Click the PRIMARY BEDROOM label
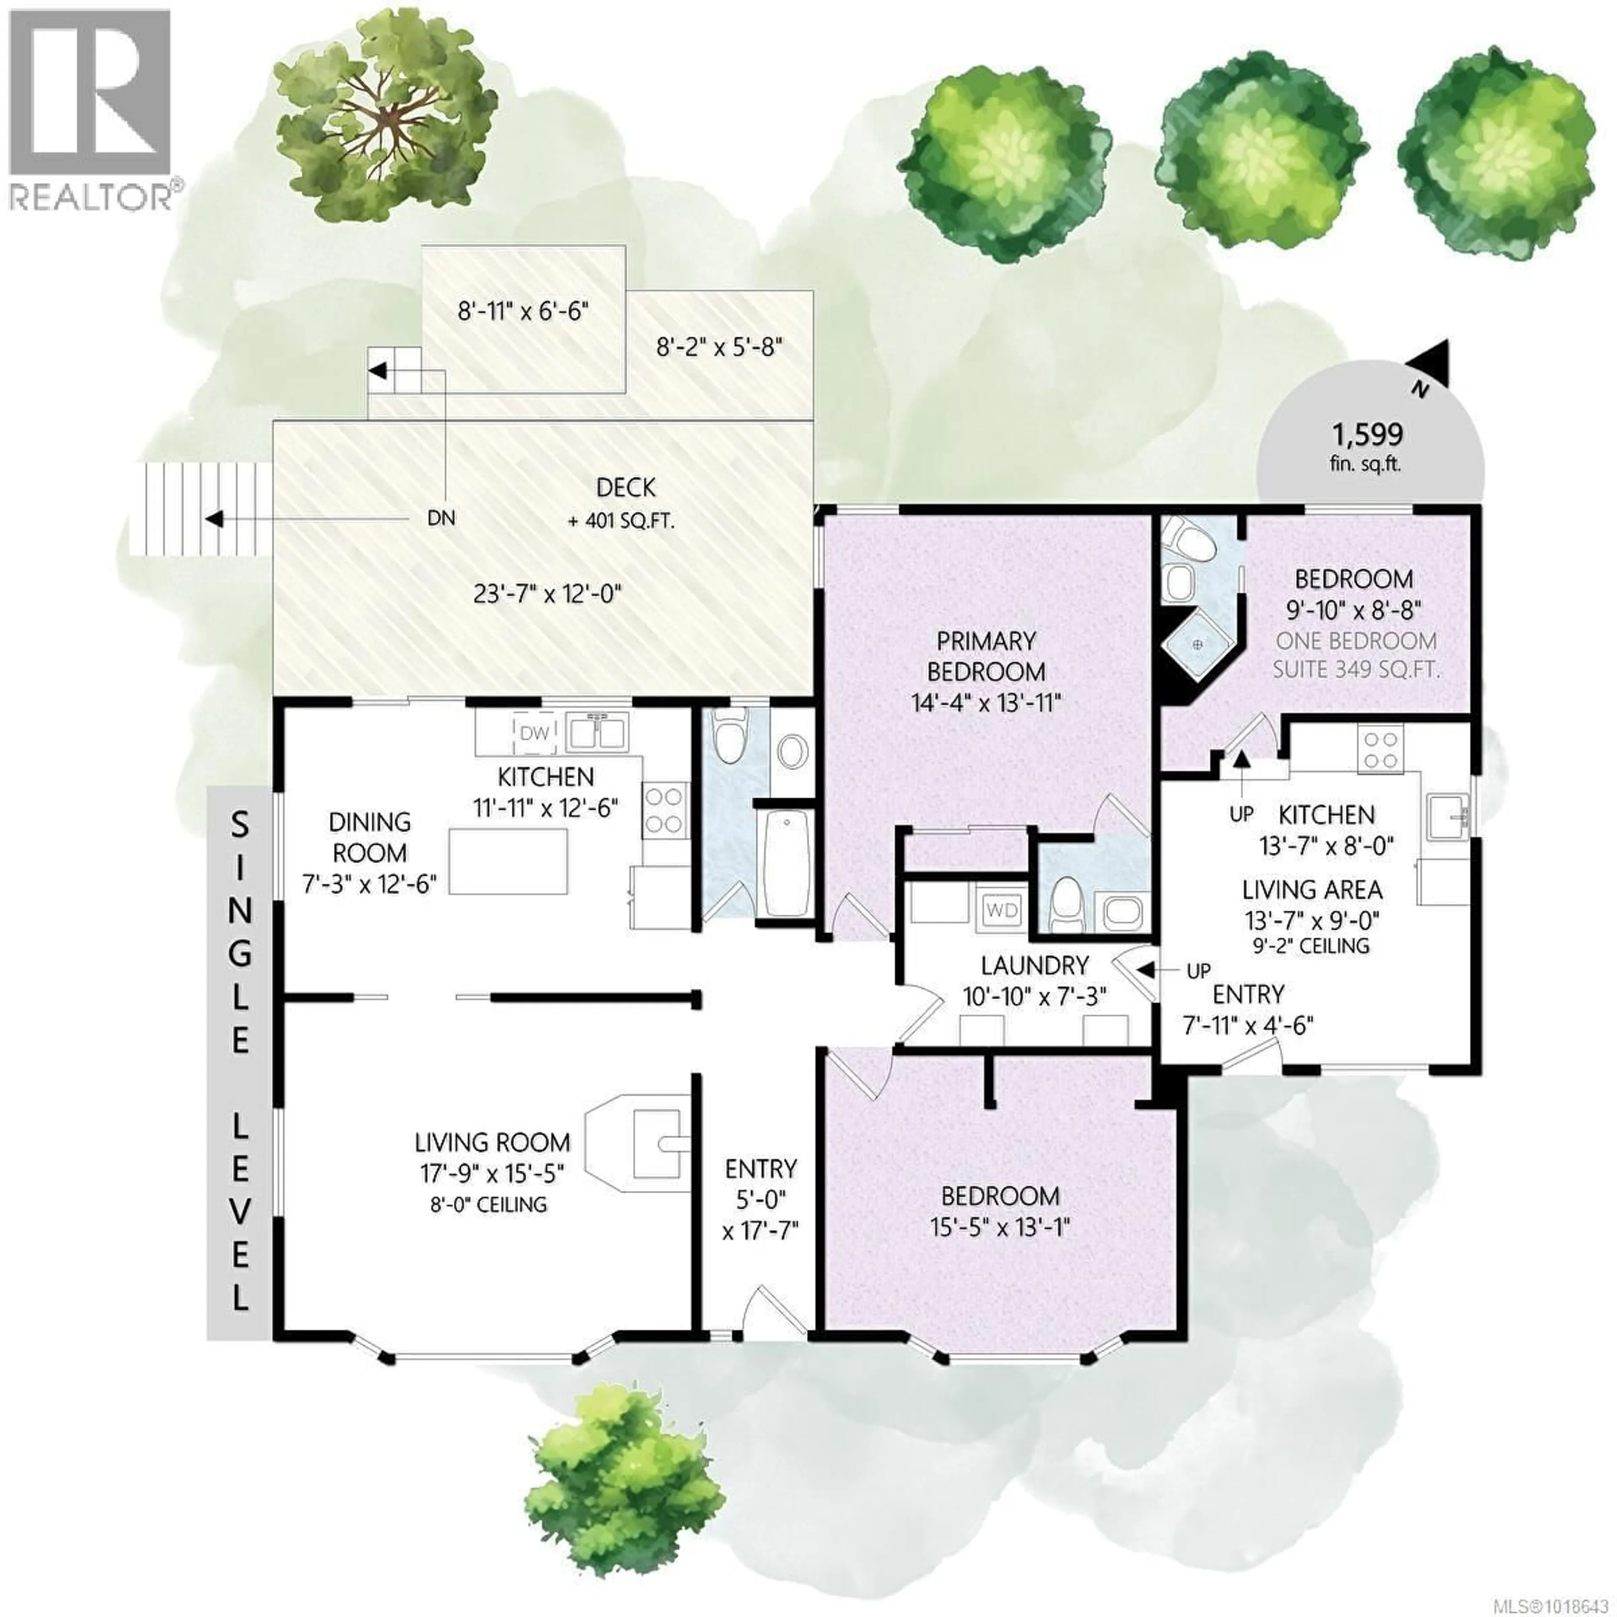pos(986,656)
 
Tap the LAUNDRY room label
pos(1035,966)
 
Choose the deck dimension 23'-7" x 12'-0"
pos(548,594)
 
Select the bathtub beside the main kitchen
pos(787,862)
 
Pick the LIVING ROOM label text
pos(492,1142)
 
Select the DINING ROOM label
pos(369,837)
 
